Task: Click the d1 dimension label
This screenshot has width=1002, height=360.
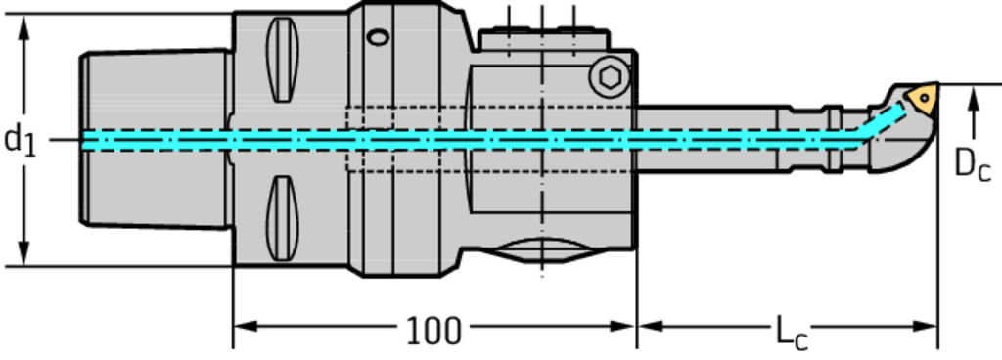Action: [21, 141]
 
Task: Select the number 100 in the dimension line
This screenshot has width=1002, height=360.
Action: [433, 331]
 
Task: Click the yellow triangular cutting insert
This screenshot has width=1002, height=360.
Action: [923, 98]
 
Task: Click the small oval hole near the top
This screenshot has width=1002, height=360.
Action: [379, 37]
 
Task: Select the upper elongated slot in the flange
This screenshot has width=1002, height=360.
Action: [283, 60]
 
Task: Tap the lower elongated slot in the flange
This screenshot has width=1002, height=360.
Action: [283, 218]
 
